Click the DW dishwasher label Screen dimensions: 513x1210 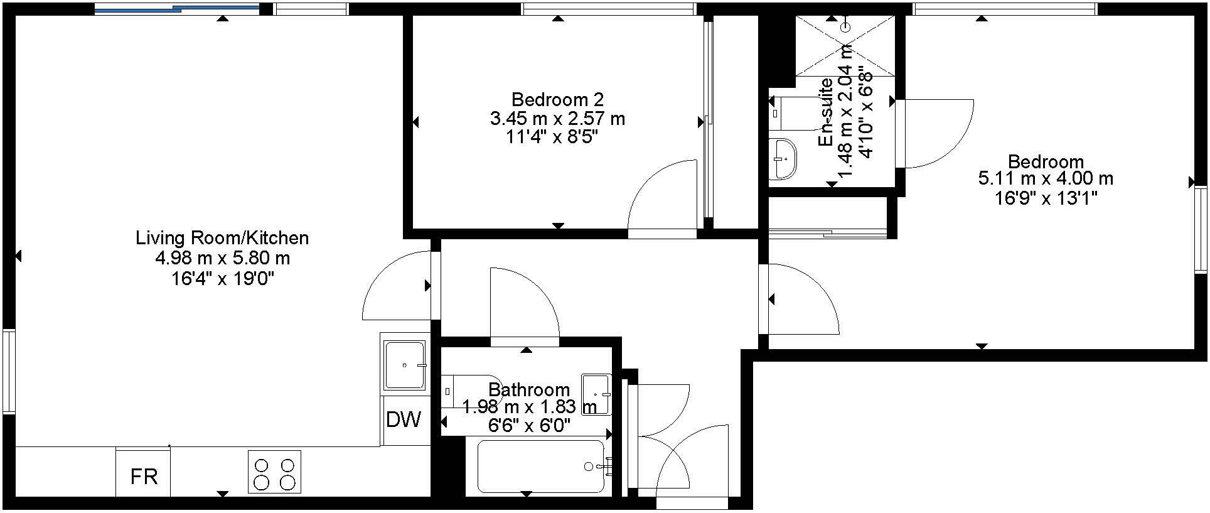[404, 419]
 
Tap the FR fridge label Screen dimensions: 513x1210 [144, 477]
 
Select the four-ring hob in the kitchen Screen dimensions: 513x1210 [274, 473]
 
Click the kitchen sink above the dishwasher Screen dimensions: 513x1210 [405, 365]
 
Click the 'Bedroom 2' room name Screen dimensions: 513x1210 [557, 99]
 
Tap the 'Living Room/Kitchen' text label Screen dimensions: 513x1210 [222, 238]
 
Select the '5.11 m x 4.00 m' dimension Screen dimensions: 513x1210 [1046, 179]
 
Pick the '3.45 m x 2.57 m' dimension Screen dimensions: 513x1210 [557, 118]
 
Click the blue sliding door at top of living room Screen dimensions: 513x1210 [176, 9]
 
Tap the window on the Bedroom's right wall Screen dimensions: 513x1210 [1201, 229]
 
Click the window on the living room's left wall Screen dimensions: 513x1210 [8, 371]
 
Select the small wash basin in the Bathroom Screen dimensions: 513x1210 [596, 394]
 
